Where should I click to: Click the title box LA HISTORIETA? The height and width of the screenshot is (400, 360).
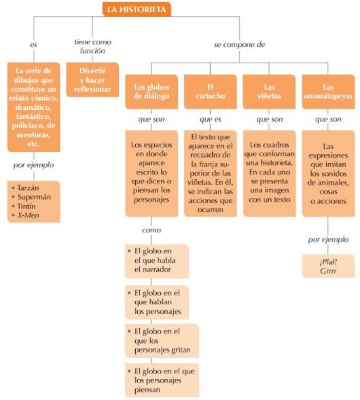tap(137, 10)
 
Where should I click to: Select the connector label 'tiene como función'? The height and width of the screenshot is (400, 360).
tap(92, 46)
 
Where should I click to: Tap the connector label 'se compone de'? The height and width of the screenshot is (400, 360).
tap(239, 45)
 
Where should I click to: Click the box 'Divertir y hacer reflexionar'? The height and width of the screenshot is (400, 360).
tap(92, 80)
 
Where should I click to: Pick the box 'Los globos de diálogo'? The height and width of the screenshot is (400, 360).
tap(151, 92)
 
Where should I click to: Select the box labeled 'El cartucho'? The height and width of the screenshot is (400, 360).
tap(211, 92)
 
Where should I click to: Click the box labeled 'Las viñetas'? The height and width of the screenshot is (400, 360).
tap(269, 92)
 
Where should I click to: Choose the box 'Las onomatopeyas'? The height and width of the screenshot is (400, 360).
tap(328, 92)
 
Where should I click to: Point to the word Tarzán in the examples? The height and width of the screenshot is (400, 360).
tap(28, 187)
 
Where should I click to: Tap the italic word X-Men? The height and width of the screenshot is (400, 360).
tap(29, 215)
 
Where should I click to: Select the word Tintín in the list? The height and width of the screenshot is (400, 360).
tap(26, 206)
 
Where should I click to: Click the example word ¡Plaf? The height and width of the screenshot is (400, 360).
tap(328, 262)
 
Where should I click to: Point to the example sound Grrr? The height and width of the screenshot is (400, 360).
tap(328, 271)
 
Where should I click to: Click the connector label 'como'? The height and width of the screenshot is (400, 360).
tap(151, 230)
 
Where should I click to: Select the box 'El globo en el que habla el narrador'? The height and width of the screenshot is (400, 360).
tap(157, 261)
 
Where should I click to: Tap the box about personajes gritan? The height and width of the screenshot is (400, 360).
tap(162, 341)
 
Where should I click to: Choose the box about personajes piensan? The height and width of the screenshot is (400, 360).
tap(162, 380)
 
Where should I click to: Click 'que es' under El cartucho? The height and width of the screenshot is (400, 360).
tap(211, 120)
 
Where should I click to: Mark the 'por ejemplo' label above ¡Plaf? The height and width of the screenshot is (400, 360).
tap(328, 240)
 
